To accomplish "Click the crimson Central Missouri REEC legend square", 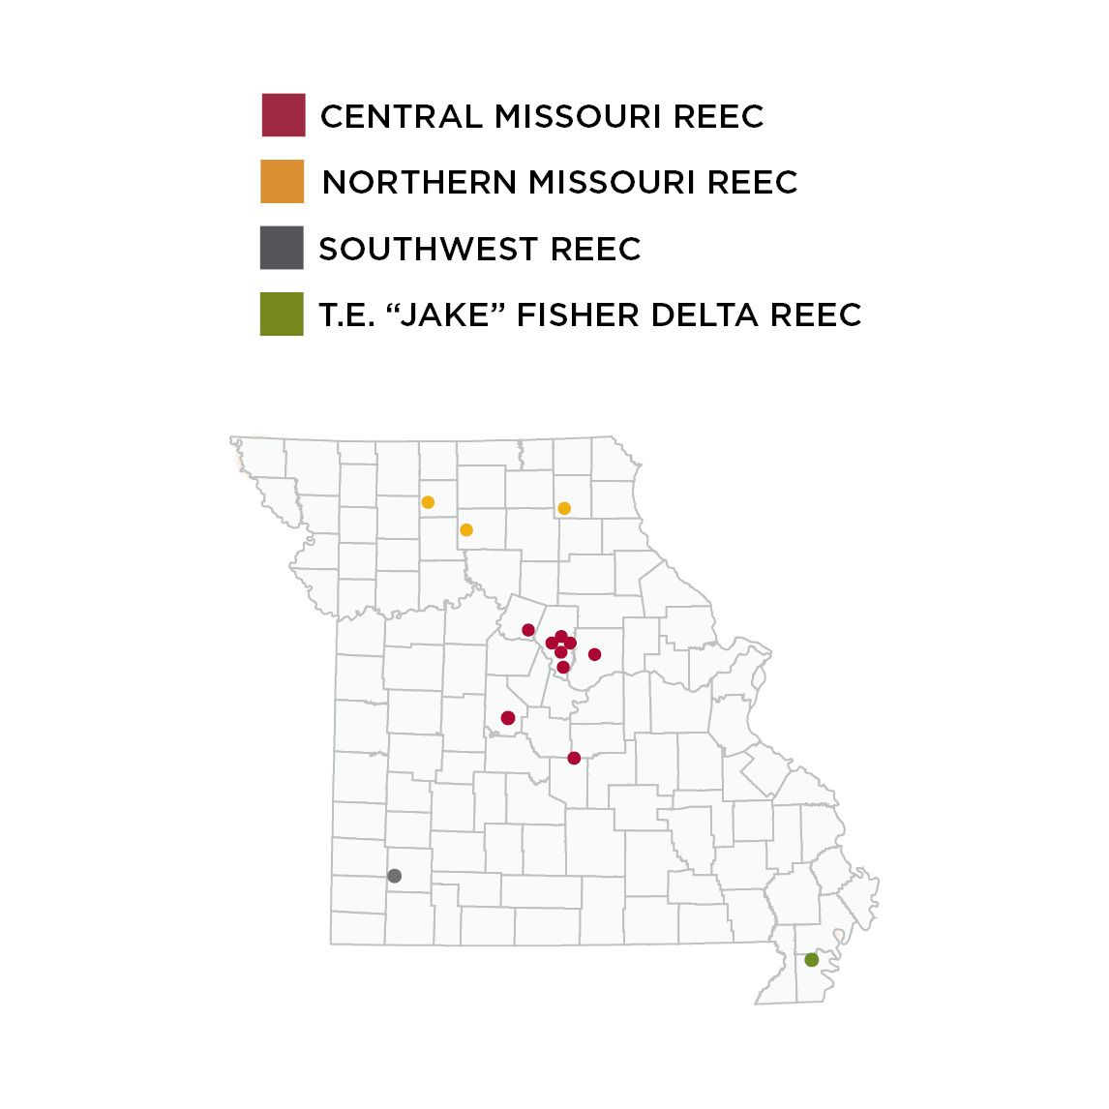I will (284, 115).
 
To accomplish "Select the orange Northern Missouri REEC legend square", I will (283, 181).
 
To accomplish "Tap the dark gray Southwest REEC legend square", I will (282, 248).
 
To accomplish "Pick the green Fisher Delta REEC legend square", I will (282, 315).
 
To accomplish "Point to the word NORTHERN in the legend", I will (420, 182).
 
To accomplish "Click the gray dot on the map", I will (394, 876).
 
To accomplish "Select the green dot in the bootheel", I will (812, 960).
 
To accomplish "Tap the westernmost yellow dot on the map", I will (428, 502).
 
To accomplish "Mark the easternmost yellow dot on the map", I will (564, 508).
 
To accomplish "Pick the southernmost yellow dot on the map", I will (466, 530).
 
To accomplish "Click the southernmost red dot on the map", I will (574, 758).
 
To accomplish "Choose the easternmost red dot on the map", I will (594, 654).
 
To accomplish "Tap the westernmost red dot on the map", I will (508, 717).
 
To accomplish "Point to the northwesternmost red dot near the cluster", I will (528, 630).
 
